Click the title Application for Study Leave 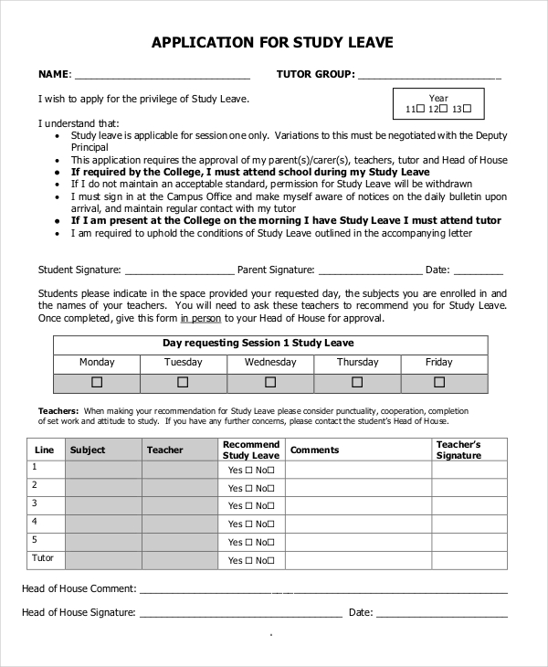[x=272, y=42]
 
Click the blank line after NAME [x=162, y=76]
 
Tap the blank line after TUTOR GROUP [x=429, y=76]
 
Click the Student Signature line [x=179, y=271]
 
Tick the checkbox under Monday [x=97, y=383]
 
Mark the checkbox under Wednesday [x=269, y=383]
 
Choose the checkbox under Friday [x=439, y=383]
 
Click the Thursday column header [x=357, y=363]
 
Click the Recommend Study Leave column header [x=251, y=450]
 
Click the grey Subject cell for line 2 [x=102, y=487]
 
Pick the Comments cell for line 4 [x=358, y=523]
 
